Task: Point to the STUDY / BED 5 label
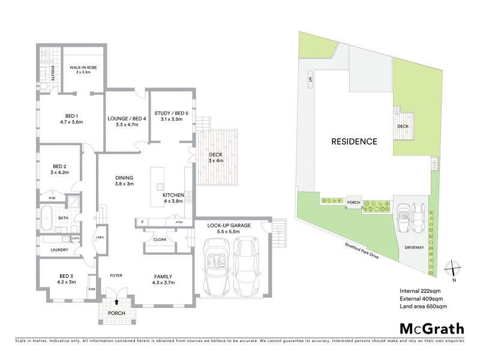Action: (171, 115)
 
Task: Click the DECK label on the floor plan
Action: (214, 157)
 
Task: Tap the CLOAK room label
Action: (159, 239)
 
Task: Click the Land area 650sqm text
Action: (424, 306)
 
